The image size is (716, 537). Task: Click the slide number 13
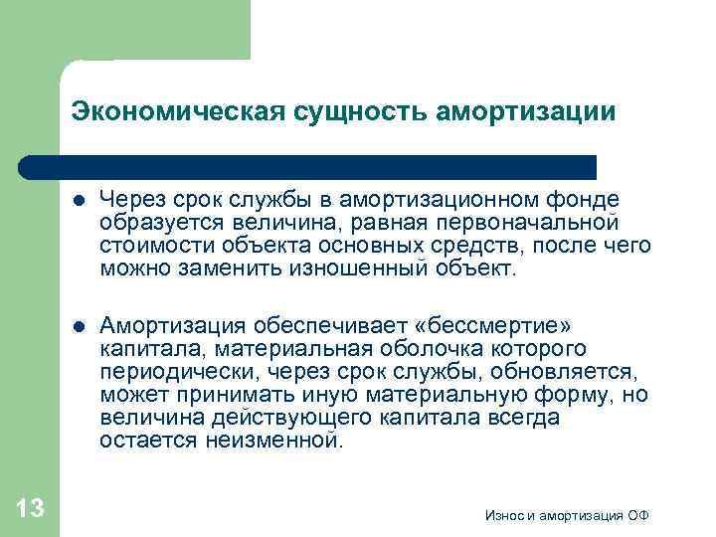(x=31, y=508)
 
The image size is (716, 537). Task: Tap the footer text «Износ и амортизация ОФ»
(x=567, y=515)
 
